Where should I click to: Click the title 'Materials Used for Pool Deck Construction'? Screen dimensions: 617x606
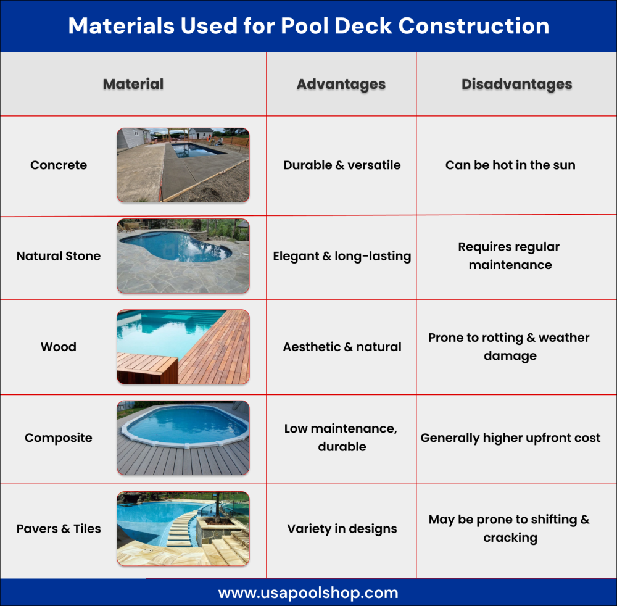(308, 26)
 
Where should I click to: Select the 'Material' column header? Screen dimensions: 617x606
(133, 84)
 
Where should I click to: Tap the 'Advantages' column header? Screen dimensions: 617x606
(341, 84)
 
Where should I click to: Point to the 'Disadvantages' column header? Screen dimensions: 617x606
(516, 84)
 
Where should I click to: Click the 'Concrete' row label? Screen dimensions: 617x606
(59, 165)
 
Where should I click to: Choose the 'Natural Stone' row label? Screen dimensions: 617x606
(59, 255)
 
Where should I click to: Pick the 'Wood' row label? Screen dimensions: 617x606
(59, 347)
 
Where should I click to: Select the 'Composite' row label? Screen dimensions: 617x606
(59, 438)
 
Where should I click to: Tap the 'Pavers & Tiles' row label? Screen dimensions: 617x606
(59, 528)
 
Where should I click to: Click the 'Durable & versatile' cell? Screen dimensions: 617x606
(342, 165)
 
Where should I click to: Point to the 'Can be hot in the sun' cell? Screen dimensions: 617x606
(510, 165)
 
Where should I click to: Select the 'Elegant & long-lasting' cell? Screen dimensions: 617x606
(342, 256)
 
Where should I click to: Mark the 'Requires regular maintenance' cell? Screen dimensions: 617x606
(510, 255)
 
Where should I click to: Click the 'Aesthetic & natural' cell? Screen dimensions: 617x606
(342, 347)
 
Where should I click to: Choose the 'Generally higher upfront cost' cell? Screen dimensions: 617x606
(510, 438)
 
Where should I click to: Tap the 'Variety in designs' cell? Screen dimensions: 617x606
(342, 529)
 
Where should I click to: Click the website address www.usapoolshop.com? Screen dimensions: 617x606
(308, 592)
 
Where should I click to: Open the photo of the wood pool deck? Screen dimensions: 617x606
(183, 347)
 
